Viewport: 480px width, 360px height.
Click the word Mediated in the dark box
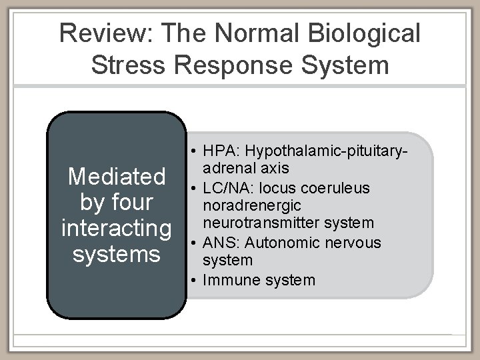click(x=117, y=177)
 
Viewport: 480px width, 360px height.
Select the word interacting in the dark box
click(x=117, y=228)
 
